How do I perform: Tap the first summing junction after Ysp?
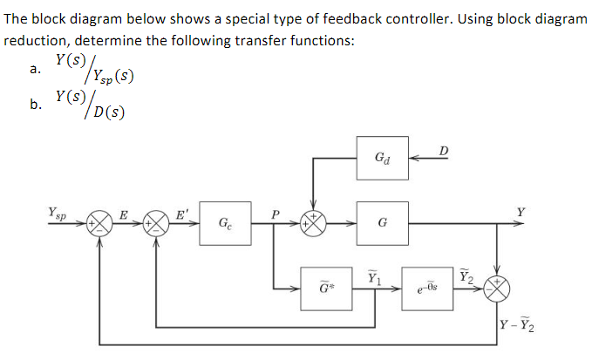point(101,224)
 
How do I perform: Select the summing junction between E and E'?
point(157,224)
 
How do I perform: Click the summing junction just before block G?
point(312,223)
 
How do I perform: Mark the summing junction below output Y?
point(497,287)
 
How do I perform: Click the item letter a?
point(34,71)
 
